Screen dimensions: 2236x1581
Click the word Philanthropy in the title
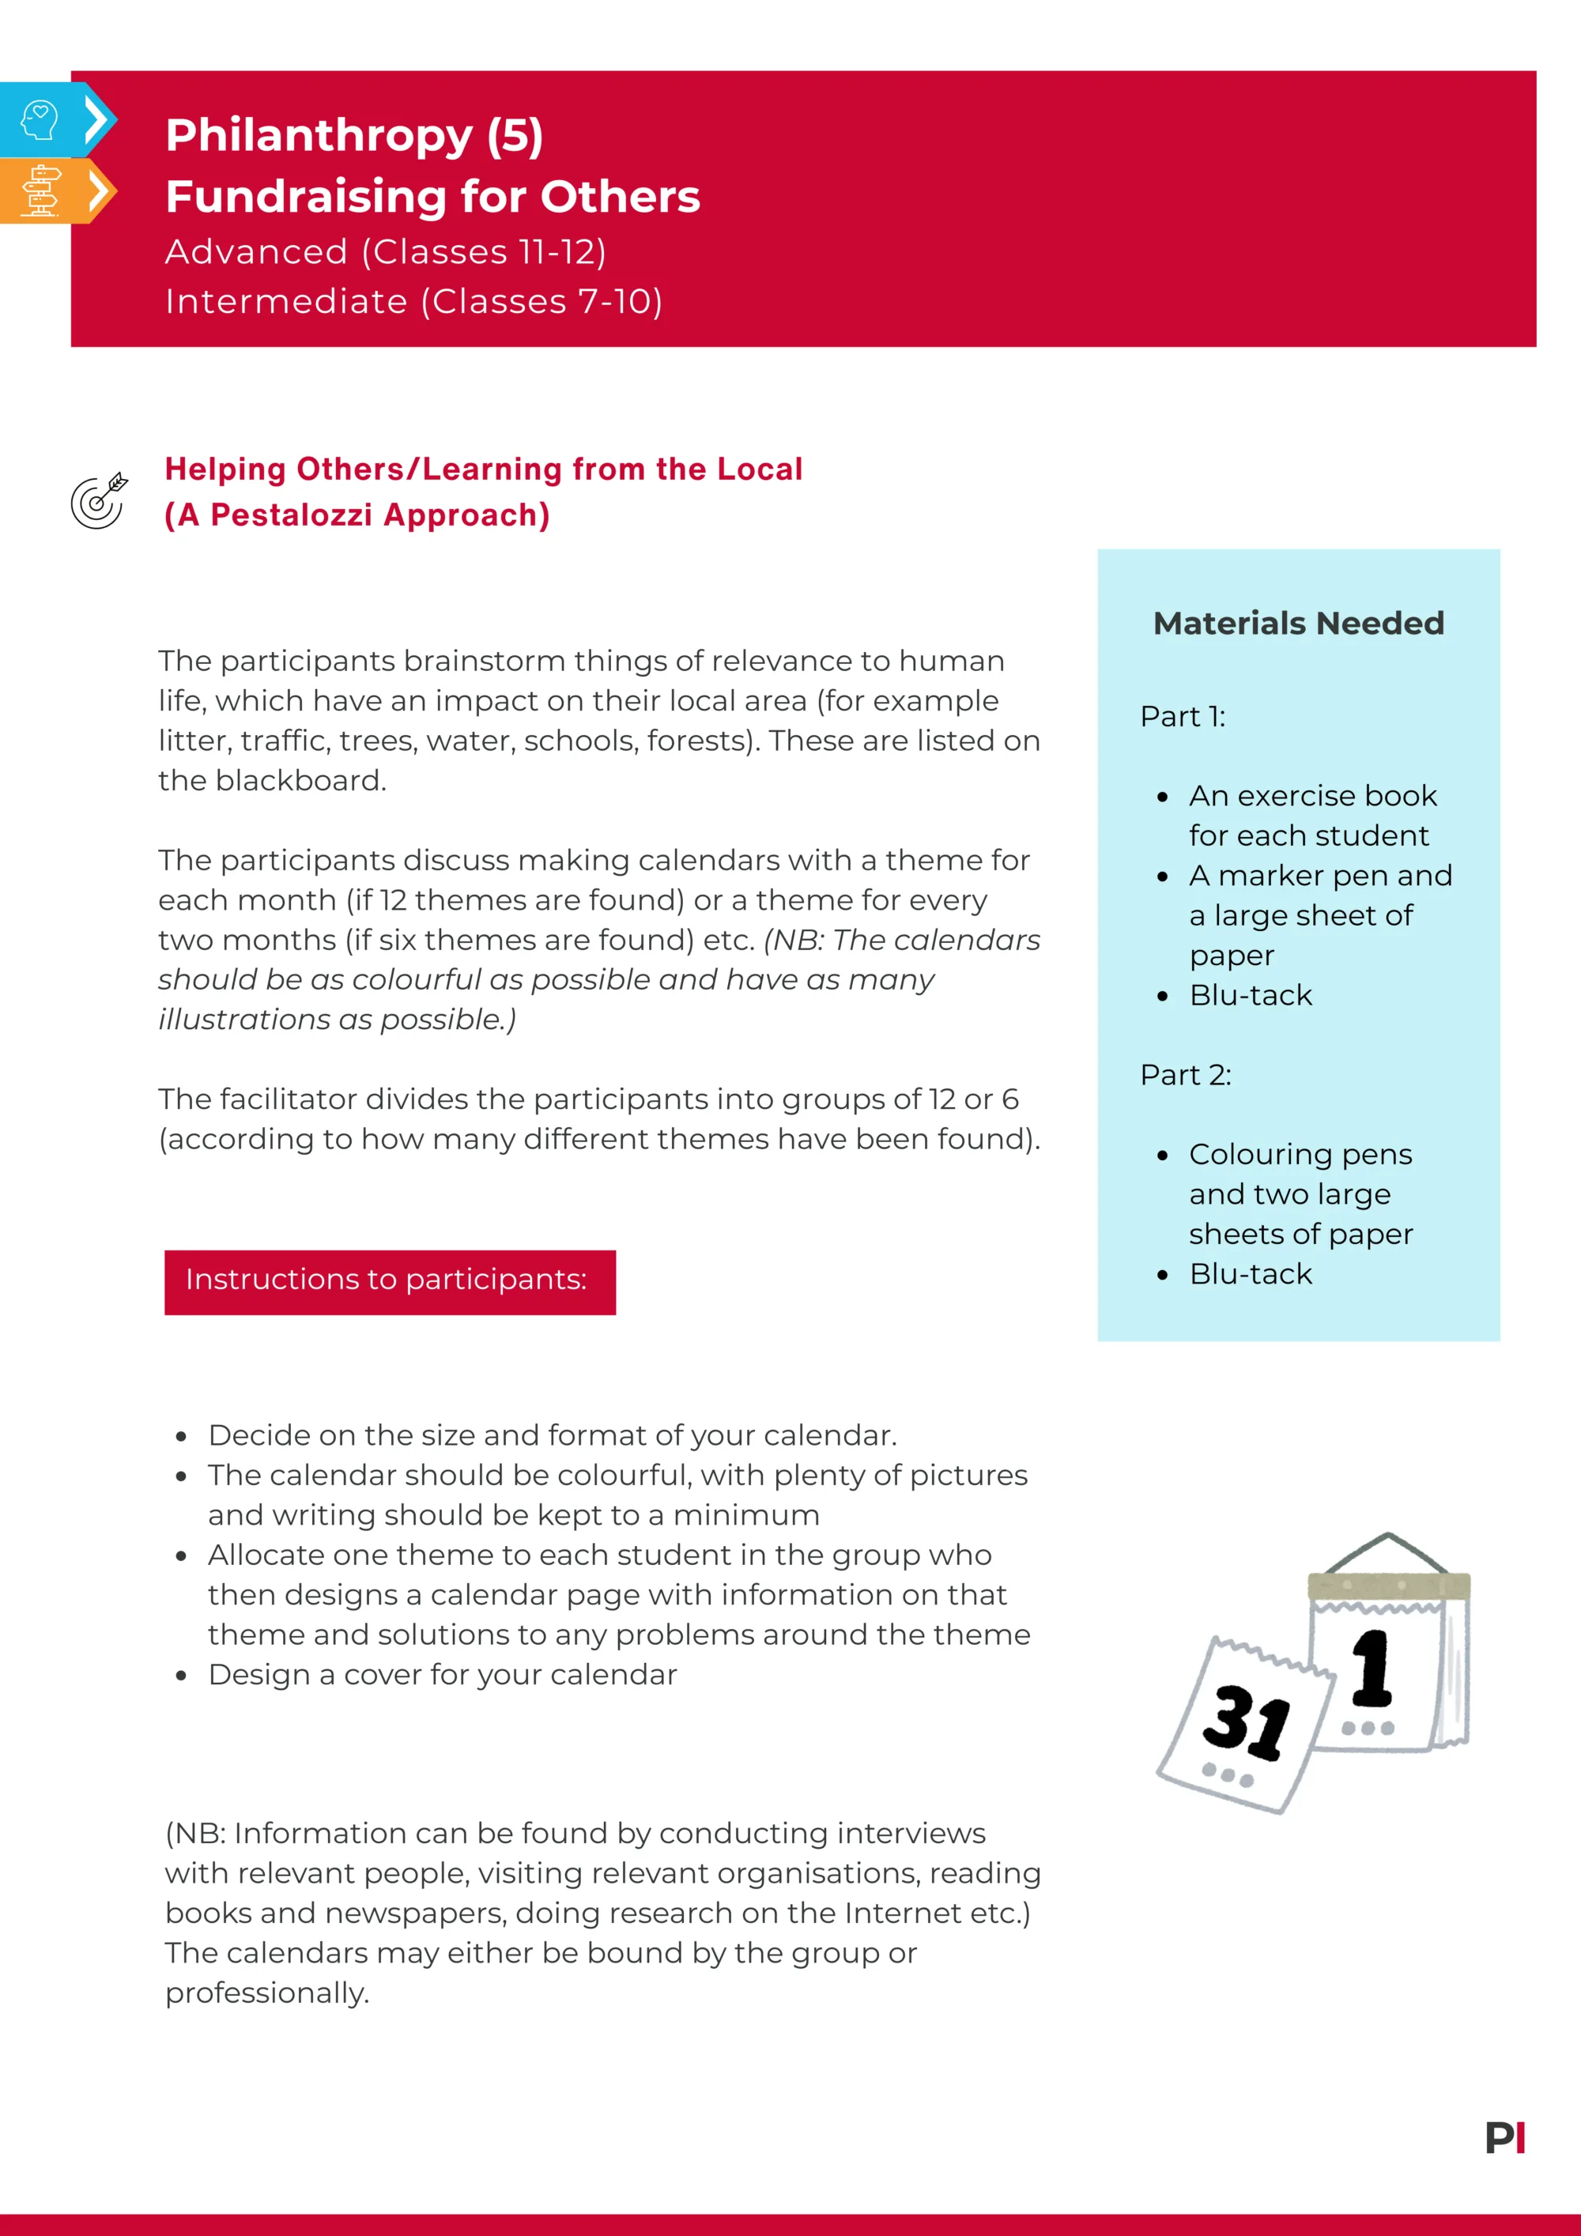point(318,135)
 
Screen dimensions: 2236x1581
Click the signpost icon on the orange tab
point(40,191)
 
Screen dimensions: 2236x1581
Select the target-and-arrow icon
point(98,500)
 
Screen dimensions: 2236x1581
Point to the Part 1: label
point(1182,717)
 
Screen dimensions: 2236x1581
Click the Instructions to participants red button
point(390,1280)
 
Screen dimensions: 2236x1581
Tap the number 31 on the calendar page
point(1246,1721)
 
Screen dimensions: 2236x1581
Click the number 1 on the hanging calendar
point(1372,1669)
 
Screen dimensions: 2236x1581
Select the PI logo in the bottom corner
point(1504,2138)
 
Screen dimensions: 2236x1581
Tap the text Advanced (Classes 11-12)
point(386,252)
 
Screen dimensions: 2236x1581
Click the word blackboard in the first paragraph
point(300,781)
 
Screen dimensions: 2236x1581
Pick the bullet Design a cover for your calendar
point(441,1675)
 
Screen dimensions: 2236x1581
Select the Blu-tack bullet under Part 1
point(1250,995)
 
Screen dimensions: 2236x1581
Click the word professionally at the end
point(266,1993)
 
